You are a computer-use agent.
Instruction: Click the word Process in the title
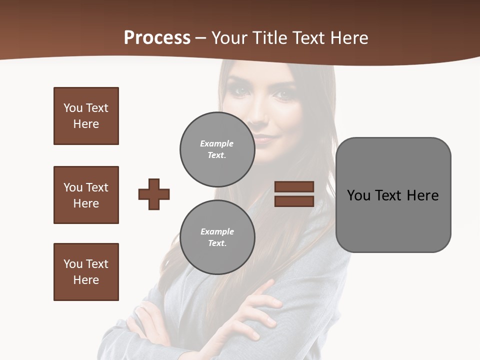tap(157, 38)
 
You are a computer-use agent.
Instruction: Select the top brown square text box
tap(86, 116)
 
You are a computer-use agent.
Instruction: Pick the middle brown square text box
tap(86, 195)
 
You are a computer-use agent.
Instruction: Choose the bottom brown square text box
tap(86, 272)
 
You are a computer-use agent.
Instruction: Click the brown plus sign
tap(154, 194)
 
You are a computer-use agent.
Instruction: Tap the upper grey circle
tap(217, 149)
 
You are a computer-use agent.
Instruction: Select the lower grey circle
tap(217, 237)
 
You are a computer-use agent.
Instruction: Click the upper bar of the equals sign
tap(294, 186)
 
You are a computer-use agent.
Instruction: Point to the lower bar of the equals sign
tap(294, 201)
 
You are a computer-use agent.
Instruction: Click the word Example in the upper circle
tap(216, 143)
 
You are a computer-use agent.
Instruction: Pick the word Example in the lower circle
tap(217, 231)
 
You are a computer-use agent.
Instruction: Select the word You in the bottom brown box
tap(73, 264)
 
